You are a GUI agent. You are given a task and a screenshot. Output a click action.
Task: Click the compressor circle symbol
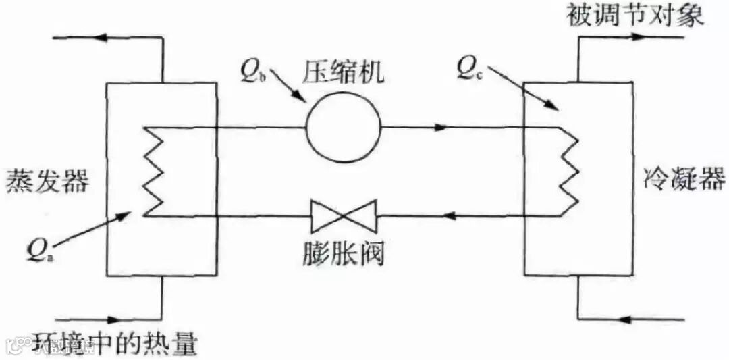click(x=343, y=126)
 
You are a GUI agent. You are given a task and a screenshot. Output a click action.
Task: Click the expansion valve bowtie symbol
click(x=343, y=217)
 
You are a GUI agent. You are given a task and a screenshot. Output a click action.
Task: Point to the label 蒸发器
click(x=47, y=180)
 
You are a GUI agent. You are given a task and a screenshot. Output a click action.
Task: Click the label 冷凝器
click(x=681, y=180)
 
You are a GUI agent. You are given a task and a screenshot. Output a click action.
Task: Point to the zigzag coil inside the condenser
click(x=571, y=172)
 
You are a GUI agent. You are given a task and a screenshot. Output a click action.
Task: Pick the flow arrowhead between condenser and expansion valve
click(x=454, y=217)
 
